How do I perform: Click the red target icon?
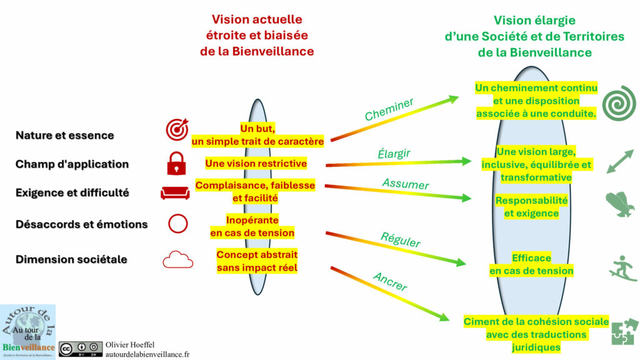click(x=177, y=129)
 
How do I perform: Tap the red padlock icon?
click(x=176, y=163)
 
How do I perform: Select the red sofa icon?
click(x=175, y=192)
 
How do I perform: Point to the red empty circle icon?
click(x=177, y=224)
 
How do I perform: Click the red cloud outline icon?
click(x=177, y=259)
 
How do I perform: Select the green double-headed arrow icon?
click(x=619, y=162)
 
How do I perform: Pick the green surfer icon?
click(x=622, y=267)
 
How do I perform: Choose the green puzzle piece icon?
click(x=624, y=332)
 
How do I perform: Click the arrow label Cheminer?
click(x=389, y=109)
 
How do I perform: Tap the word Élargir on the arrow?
click(x=394, y=153)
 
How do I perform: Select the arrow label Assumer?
click(x=406, y=184)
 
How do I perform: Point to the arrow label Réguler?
click(x=401, y=240)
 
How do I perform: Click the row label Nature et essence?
click(x=64, y=136)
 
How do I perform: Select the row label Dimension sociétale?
click(x=71, y=259)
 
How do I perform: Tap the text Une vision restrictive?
click(x=256, y=163)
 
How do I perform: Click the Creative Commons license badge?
click(x=81, y=348)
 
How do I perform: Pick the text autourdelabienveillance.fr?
click(x=147, y=354)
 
